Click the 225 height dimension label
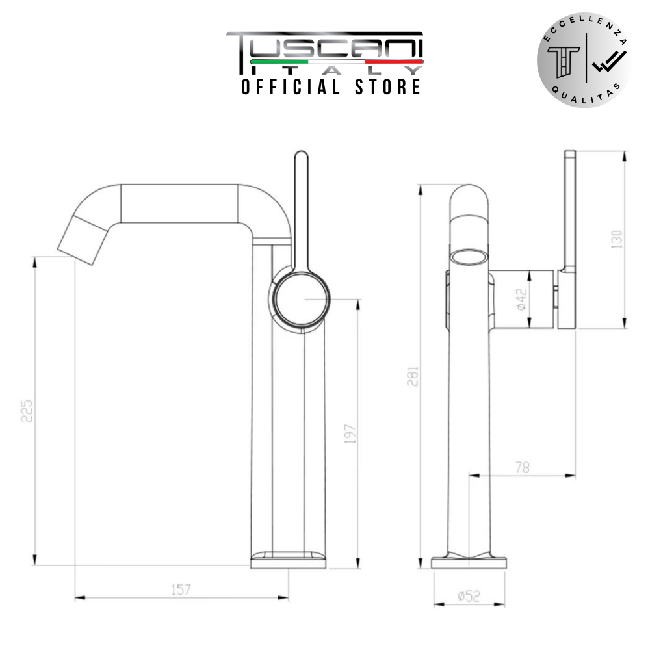pyautogui.click(x=27, y=411)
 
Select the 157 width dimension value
pyautogui.click(x=181, y=590)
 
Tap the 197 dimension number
pyautogui.click(x=350, y=435)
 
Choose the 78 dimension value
pyautogui.click(x=521, y=467)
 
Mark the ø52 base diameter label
pyautogui.click(x=468, y=596)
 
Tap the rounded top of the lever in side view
pyautogui.click(x=301, y=159)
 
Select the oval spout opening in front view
pyautogui.click(x=468, y=257)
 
